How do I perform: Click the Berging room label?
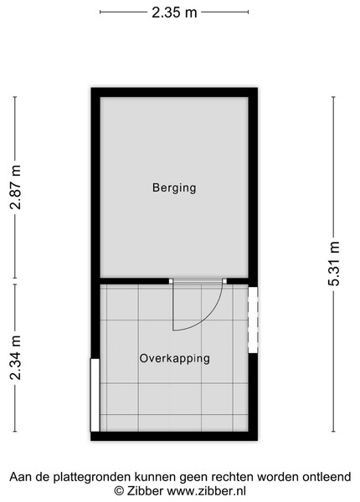click(174, 187)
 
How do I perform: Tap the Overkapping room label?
click(174, 358)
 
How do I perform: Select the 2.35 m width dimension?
click(174, 13)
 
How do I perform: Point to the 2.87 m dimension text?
click(15, 187)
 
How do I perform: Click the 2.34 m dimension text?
click(15, 357)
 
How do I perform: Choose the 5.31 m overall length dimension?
click(333, 264)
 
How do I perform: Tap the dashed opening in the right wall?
click(253, 320)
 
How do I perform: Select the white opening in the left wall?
click(95, 395)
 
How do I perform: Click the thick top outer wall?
click(174, 92)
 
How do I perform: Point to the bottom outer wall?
click(174, 436)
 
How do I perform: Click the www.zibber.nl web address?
click(207, 491)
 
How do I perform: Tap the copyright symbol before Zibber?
click(119, 491)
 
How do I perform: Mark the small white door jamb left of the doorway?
click(171, 281)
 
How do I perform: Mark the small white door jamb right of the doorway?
click(224, 281)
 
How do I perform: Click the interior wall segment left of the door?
click(135, 281)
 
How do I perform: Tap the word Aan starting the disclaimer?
click(21, 477)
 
